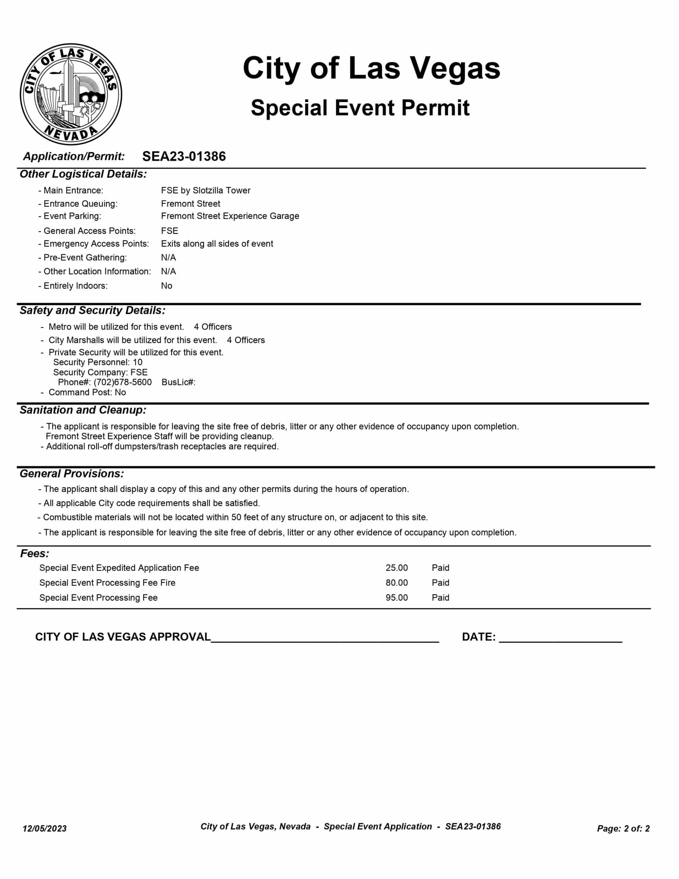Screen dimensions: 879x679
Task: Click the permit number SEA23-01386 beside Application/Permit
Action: tap(184, 156)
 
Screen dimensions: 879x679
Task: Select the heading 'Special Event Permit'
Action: tap(360, 108)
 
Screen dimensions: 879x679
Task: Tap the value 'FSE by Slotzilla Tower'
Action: tap(206, 190)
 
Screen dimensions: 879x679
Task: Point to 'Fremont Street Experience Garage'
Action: tap(230, 216)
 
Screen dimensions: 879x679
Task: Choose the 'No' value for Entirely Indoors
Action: tap(166, 286)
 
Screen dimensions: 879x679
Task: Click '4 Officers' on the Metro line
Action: tap(212, 327)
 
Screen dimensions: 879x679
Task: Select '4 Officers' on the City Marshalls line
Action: tap(245, 340)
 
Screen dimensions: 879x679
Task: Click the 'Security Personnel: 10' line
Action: tap(98, 362)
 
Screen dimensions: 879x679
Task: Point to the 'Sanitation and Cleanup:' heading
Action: tap(83, 410)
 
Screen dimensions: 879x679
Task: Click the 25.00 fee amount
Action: tap(396, 568)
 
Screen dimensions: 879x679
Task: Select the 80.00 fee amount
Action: tap(396, 583)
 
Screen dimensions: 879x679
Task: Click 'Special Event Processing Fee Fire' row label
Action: tap(107, 583)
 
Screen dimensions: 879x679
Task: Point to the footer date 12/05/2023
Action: tap(45, 828)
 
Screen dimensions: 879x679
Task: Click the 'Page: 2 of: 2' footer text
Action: tap(623, 828)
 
